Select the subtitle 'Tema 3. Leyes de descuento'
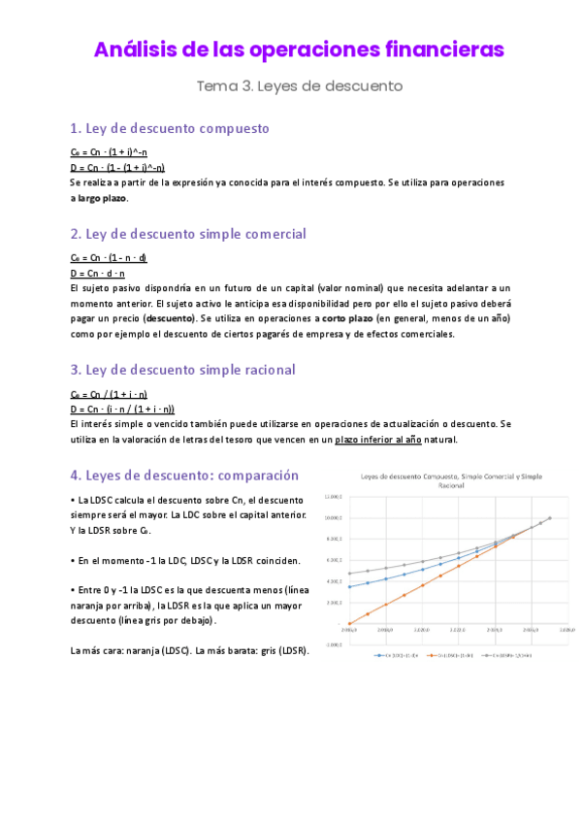[x=299, y=85]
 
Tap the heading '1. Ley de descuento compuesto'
[x=170, y=128]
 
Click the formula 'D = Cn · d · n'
[x=98, y=273]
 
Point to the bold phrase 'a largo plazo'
[x=99, y=198]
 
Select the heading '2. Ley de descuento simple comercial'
[x=188, y=234]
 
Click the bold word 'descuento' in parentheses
[x=169, y=318]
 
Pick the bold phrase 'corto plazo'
[x=347, y=318]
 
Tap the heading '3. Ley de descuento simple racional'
[x=182, y=370]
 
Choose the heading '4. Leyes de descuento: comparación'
[x=184, y=476]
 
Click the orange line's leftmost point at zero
[x=349, y=623]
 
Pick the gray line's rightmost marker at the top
[x=550, y=518]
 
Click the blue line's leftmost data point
[x=349, y=587]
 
